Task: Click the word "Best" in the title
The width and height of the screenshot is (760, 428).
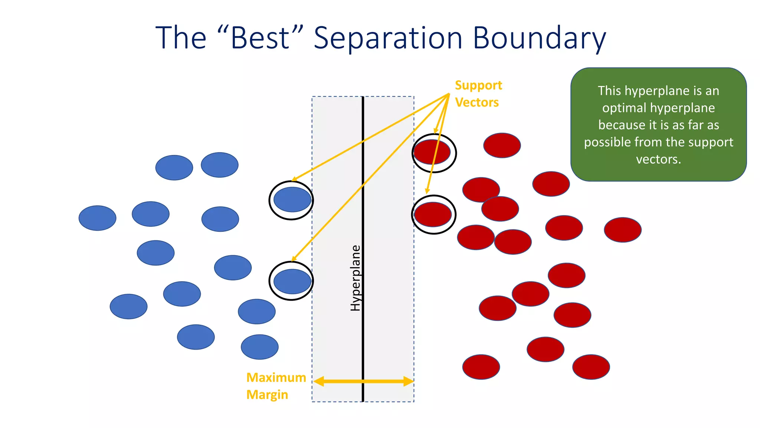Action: tap(260, 38)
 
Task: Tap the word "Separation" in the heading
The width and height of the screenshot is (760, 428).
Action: tap(388, 39)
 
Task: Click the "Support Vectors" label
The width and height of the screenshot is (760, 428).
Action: tap(478, 94)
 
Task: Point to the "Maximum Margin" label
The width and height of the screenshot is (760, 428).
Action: tap(276, 386)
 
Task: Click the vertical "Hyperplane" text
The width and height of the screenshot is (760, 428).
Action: tap(356, 278)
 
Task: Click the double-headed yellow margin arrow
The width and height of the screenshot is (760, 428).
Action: tap(363, 381)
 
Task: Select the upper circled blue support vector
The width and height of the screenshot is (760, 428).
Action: tap(292, 200)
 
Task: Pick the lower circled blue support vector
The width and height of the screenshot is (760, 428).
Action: tap(292, 281)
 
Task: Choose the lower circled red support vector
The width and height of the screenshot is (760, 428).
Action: tap(433, 214)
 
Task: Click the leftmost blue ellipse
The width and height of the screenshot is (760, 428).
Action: tap(97, 218)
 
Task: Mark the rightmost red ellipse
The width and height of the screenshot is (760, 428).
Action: tap(622, 230)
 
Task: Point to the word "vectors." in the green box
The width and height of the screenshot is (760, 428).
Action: tap(658, 159)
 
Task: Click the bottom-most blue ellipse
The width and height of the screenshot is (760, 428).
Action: tap(259, 347)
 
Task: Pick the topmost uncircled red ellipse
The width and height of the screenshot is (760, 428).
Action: tap(502, 145)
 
